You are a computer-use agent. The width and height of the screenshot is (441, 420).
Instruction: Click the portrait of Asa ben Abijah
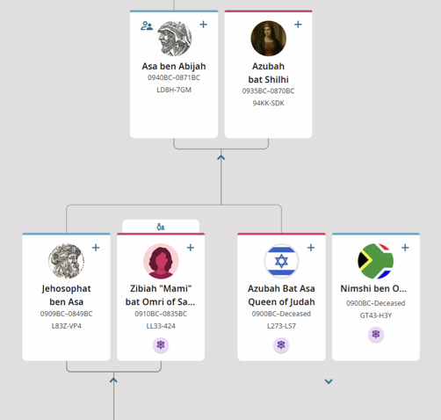coord(174,39)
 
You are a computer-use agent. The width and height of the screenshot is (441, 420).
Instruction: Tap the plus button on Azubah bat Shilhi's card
coord(298,25)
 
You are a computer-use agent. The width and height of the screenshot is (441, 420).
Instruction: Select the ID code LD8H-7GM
coord(174,90)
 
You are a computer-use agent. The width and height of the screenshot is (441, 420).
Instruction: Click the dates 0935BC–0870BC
coord(268,91)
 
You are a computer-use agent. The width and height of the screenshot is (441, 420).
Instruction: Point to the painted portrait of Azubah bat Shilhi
coord(269,39)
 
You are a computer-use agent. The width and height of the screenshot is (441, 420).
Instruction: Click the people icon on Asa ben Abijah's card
coord(147,25)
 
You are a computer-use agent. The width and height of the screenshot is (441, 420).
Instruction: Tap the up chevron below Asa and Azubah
coord(221,157)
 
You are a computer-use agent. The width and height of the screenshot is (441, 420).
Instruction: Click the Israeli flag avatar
coord(281,261)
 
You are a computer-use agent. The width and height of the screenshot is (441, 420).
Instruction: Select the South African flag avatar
coord(376,261)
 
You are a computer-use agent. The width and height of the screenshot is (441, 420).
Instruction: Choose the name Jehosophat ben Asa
coord(66,295)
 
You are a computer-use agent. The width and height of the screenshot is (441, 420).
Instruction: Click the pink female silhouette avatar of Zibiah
coord(161,261)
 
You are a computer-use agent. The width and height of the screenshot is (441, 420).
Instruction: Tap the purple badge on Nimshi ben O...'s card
coord(376,334)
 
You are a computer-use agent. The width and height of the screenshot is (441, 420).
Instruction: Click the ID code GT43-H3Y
coord(376,315)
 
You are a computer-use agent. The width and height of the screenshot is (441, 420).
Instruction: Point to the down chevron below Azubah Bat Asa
coord(329,381)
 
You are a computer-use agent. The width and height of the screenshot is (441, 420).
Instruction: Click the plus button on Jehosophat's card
coord(96,248)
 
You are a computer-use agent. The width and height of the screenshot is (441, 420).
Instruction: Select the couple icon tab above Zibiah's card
coord(161,227)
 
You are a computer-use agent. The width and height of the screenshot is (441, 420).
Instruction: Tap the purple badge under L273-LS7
coord(281,344)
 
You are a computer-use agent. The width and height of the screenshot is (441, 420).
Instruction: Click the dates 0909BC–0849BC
coord(66,314)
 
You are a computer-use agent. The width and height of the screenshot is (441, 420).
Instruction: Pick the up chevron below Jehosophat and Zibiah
coord(113,380)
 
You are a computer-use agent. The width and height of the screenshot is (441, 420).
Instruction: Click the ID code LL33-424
coord(161,326)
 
